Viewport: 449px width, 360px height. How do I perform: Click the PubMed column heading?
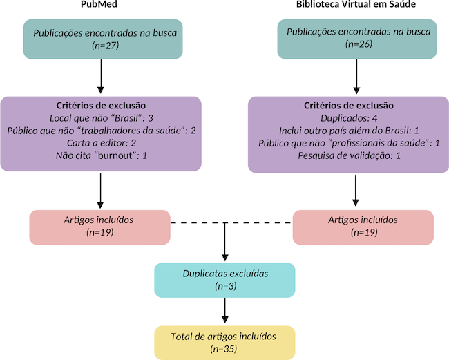pos(101,6)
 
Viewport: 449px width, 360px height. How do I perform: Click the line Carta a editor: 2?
pos(101,142)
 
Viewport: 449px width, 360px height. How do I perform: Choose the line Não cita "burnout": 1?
pos(101,155)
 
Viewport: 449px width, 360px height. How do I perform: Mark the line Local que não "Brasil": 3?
pos(101,117)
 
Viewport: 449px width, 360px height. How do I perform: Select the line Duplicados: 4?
pos(349,117)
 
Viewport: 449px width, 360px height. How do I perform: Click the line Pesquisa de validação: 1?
pos(349,155)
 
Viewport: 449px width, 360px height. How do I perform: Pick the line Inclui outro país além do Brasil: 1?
pos(349,130)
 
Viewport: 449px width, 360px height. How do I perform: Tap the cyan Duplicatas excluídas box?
pos(225,279)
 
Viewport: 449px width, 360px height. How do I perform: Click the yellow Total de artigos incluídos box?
pos(225,343)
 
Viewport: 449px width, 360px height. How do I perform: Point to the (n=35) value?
pos(225,350)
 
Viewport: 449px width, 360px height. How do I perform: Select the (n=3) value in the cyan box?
pos(225,286)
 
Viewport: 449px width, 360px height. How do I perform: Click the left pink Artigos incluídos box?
pos(100,227)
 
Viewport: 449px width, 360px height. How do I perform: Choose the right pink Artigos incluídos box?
pos(363,227)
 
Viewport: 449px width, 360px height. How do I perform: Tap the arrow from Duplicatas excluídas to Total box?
pos(225,310)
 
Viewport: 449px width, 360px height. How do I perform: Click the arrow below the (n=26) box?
pos(356,77)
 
